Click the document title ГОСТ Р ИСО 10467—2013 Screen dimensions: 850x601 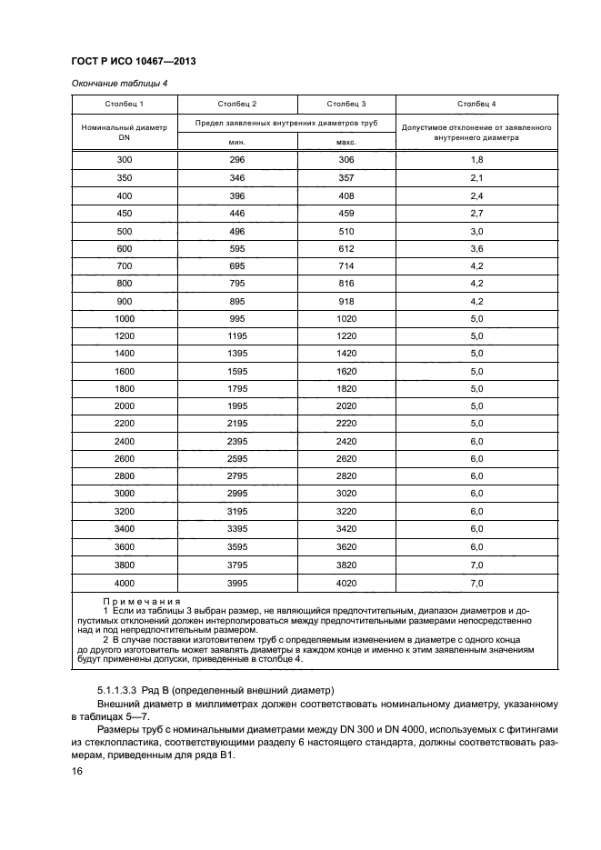(x=132, y=61)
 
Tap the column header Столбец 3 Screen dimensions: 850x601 (x=346, y=105)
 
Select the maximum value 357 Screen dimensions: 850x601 (x=346, y=178)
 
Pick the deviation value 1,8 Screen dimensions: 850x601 (x=476, y=160)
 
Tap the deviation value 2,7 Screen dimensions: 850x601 (x=476, y=214)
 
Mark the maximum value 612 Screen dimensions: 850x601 (x=346, y=249)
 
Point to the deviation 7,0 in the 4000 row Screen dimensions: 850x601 (x=476, y=582)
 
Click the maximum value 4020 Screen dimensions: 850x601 (x=346, y=582)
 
